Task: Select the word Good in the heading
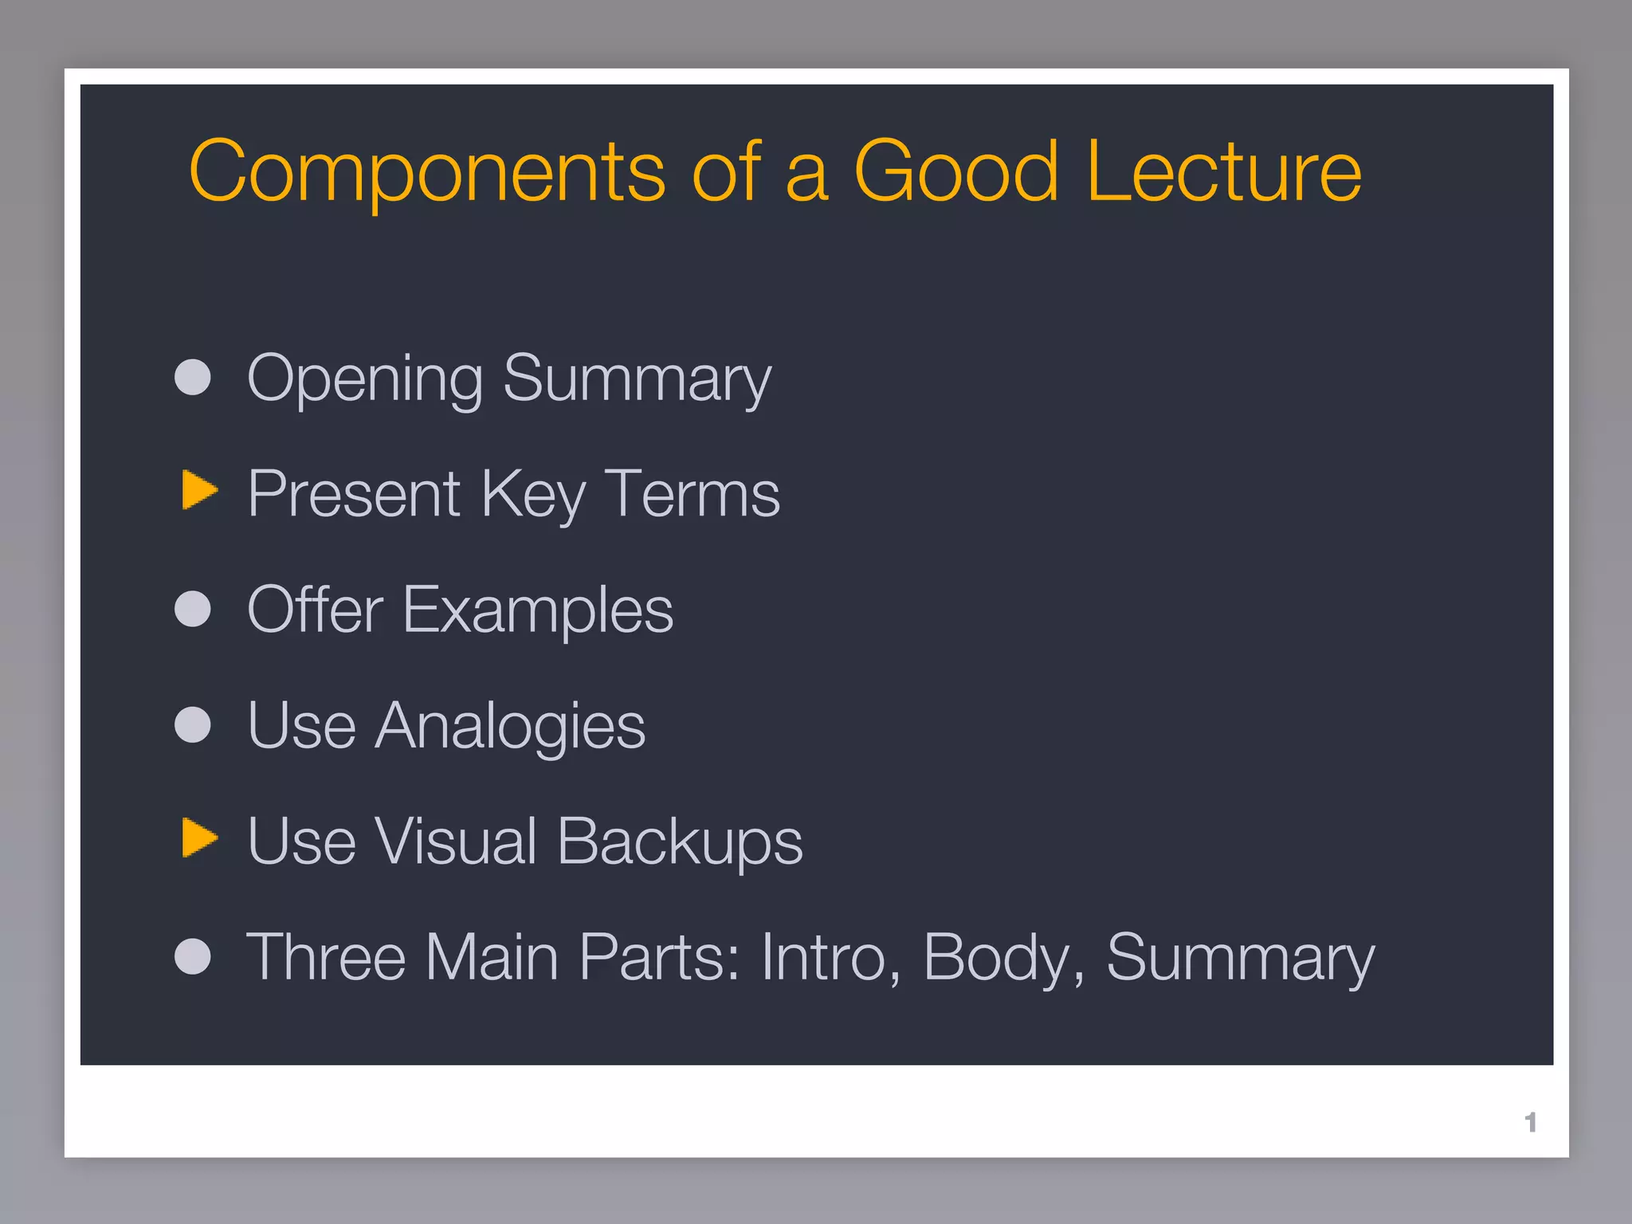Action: (x=955, y=171)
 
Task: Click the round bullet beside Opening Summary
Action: (x=193, y=377)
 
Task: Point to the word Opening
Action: (x=365, y=379)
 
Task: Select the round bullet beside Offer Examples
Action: (x=193, y=609)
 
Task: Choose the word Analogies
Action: (x=510, y=727)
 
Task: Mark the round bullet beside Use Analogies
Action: (x=193, y=725)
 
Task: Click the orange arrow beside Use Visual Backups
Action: (x=199, y=838)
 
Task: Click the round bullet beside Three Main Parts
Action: (x=193, y=956)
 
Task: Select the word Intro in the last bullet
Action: (x=829, y=957)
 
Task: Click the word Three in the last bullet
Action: (x=326, y=957)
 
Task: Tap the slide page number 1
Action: (x=1530, y=1122)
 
